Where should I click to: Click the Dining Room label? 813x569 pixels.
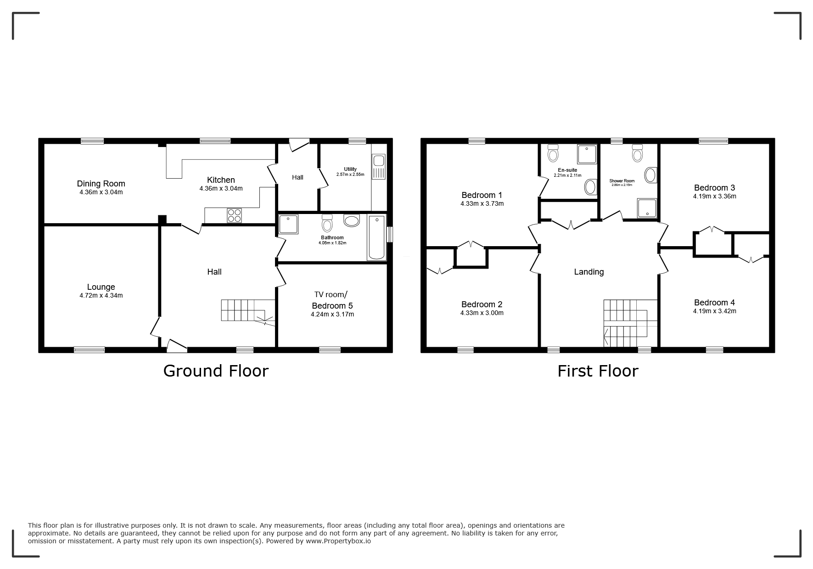click(x=101, y=184)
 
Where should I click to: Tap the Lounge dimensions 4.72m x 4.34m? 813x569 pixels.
click(x=101, y=296)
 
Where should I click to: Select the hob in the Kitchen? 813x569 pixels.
click(x=234, y=215)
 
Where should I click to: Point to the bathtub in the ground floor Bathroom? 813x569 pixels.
click(x=376, y=238)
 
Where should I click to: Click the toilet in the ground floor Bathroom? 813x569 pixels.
click(x=327, y=223)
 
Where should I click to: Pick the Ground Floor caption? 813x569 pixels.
click(x=216, y=371)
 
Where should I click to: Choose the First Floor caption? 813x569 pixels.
click(x=598, y=371)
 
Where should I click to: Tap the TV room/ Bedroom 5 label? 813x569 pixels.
click(x=332, y=300)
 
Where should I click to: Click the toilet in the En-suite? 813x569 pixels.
click(x=553, y=152)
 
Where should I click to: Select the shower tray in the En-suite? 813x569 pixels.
click(x=587, y=154)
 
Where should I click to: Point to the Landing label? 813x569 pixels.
click(x=589, y=272)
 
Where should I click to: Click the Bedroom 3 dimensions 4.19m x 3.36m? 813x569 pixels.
click(x=714, y=197)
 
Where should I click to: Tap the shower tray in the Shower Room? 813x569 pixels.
click(x=647, y=208)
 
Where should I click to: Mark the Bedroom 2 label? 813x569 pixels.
click(x=482, y=304)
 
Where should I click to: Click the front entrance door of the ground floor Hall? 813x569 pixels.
click(x=177, y=346)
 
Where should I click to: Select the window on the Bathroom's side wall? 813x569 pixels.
click(x=390, y=234)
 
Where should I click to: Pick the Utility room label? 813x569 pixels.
click(x=350, y=169)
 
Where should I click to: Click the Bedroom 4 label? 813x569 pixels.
click(x=714, y=303)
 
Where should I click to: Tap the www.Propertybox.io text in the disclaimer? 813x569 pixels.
click(x=338, y=541)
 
